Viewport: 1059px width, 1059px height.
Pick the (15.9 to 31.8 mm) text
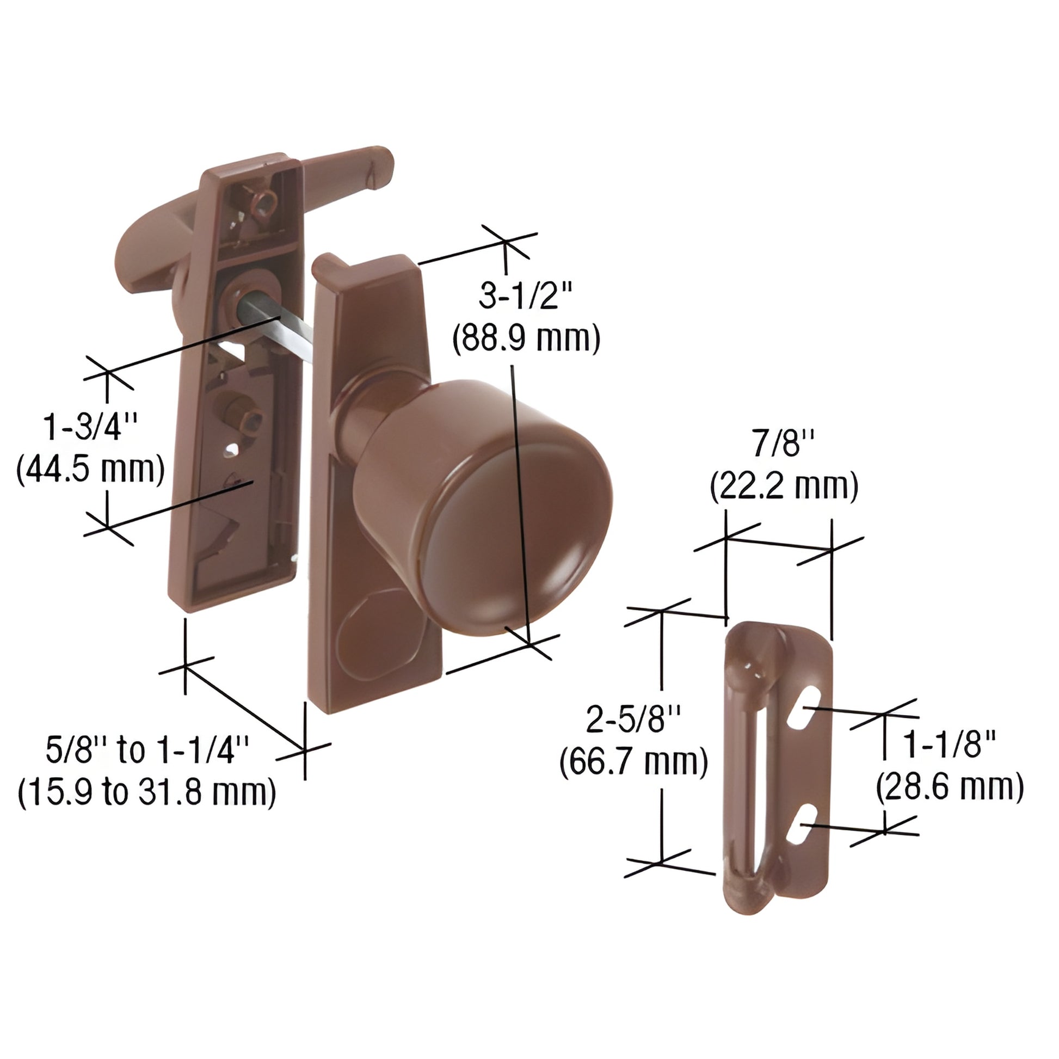[147, 792]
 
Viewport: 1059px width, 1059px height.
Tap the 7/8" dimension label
[784, 444]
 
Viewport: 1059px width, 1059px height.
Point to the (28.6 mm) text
[950, 787]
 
